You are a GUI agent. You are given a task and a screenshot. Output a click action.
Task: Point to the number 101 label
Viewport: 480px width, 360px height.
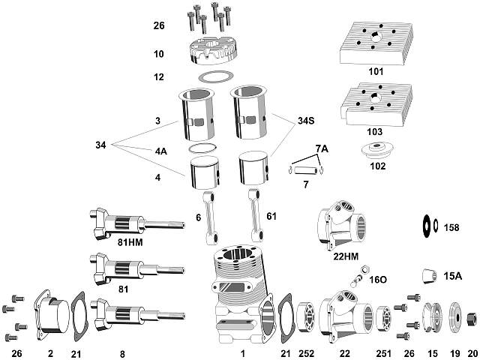tap(376, 72)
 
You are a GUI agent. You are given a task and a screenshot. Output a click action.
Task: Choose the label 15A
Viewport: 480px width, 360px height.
tap(453, 276)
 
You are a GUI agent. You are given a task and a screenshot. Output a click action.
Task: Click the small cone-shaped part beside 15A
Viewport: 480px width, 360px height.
tap(426, 277)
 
